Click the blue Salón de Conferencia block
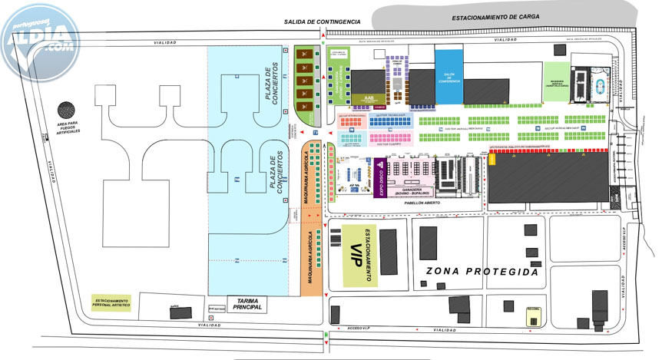click(449, 76)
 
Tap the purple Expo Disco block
click(379, 179)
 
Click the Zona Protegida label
click(482, 272)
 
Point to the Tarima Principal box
click(247, 305)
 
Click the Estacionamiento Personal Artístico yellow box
click(111, 302)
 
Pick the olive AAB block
click(369, 100)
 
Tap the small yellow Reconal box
click(533, 316)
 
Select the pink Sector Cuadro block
click(391, 138)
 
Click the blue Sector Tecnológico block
click(391, 120)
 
